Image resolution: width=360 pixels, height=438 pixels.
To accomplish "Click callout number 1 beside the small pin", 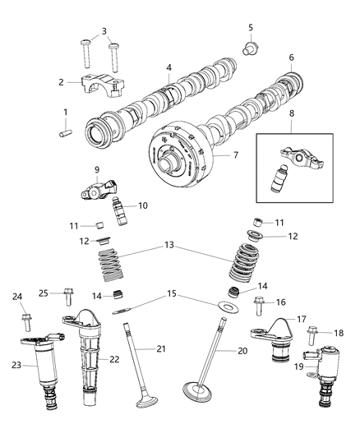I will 67,112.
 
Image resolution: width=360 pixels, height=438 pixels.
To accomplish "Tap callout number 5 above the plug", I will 250,28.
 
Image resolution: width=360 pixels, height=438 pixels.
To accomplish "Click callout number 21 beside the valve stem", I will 162,349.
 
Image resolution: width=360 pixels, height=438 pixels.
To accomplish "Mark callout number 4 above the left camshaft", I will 168,67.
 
